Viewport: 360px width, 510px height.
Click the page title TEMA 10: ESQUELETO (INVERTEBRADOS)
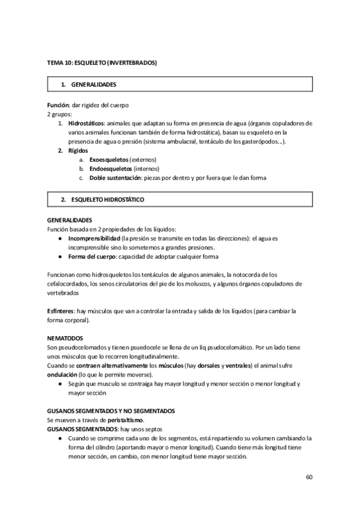click(102, 62)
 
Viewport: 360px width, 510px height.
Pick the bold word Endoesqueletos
click(111, 169)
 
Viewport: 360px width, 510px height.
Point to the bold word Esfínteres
click(60, 311)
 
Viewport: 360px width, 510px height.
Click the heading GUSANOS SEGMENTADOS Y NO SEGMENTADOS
click(111, 411)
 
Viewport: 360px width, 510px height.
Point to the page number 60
click(309, 478)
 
